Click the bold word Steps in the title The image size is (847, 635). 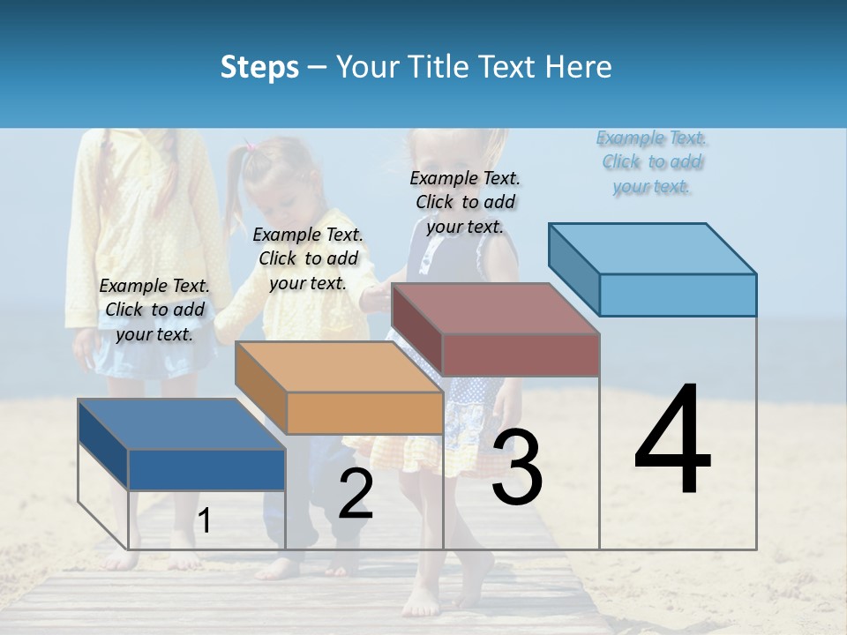(259, 67)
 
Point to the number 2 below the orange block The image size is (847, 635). (356, 494)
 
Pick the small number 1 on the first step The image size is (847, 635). (204, 521)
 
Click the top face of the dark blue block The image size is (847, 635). (181, 424)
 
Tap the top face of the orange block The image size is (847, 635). (339, 367)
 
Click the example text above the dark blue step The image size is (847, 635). (155, 310)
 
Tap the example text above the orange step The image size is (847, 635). (308, 258)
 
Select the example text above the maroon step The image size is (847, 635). (465, 202)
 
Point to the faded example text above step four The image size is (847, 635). (652, 161)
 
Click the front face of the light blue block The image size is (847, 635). (678, 295)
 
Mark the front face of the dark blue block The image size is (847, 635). (206, 469)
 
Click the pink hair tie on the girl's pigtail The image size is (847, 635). (251, 146)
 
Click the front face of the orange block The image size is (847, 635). (364, 413)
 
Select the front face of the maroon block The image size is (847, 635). (521, 355)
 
